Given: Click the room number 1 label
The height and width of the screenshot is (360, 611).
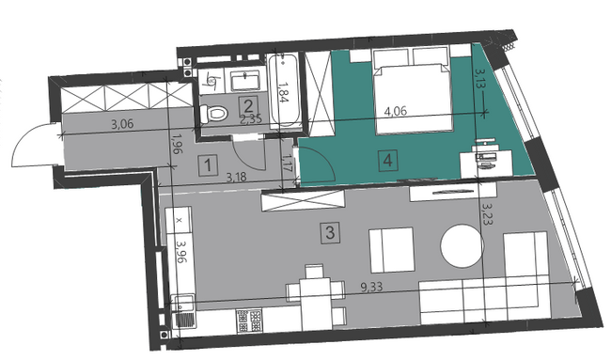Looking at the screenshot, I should tap(206, 167).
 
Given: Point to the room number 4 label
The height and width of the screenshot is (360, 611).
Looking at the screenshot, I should tap(389, 160).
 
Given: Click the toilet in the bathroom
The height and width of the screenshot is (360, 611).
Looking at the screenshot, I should tap(215, 114).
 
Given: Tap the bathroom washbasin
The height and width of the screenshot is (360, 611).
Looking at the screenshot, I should tap(251, 76).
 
